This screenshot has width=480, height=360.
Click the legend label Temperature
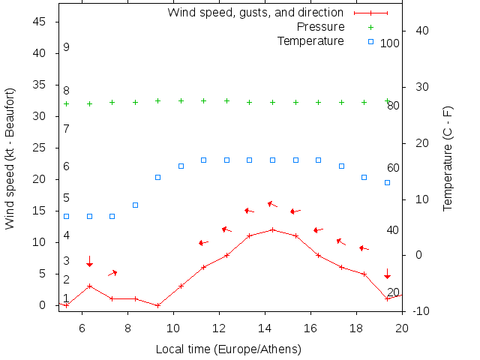pos(310,40)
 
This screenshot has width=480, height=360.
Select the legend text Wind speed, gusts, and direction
pos(255,13)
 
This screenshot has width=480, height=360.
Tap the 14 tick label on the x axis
pos(265,327)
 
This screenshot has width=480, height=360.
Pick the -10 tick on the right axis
pos(420,310)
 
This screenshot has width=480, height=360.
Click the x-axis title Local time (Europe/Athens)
pos(228,349)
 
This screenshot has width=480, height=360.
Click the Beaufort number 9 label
pos(67,47)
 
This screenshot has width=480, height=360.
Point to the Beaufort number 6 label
pos(67,166)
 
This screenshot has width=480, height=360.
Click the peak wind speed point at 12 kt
pos(273,229)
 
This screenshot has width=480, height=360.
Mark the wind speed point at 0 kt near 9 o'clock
pos(158,305)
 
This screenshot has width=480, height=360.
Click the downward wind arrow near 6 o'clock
pos(89,261)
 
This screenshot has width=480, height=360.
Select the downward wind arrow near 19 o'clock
pos(387,274)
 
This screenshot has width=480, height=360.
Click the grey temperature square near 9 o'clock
pos(158,177)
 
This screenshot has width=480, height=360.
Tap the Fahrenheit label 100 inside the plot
pos(390,43)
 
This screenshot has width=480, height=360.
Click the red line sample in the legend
pos(370,13)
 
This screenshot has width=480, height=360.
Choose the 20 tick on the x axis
pos(402,327)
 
